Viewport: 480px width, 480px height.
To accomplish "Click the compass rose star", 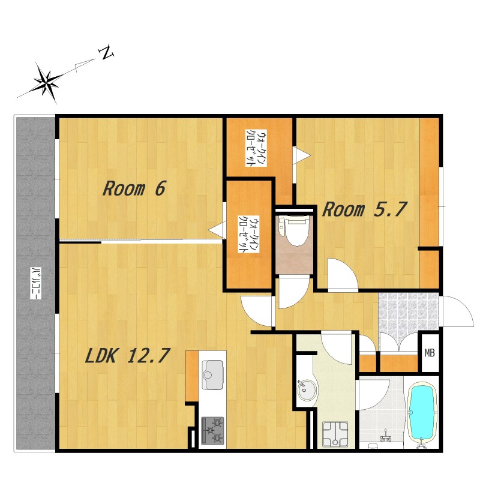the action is (47, 82).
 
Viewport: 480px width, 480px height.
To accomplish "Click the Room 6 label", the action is (134, 188).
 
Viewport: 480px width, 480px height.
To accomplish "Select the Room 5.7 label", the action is (364, 209).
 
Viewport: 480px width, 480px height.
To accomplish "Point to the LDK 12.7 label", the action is (127, 356).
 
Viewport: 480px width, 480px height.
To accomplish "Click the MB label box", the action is (430, 353).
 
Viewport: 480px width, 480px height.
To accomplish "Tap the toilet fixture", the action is (293, 230).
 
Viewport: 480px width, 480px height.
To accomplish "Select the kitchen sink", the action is (212, 374).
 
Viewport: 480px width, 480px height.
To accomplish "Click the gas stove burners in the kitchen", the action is (212, 431).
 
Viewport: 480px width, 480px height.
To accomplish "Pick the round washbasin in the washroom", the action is (307, 390).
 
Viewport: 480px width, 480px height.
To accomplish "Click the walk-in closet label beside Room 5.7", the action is (256, 148).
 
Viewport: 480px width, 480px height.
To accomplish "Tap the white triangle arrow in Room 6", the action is (216, 229).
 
